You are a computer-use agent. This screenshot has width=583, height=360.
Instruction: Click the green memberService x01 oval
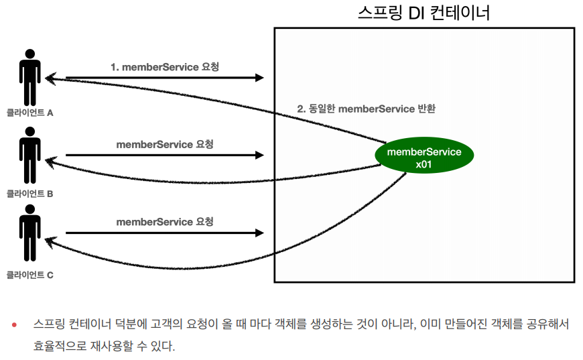pos(424,157)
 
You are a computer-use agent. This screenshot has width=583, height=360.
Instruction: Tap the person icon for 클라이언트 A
pos(29,76)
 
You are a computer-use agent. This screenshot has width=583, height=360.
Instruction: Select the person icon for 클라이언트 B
pos(29,156)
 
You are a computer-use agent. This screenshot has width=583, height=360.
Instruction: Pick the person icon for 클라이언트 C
pos(29,235)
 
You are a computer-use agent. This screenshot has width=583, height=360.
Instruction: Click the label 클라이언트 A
pos(29,113)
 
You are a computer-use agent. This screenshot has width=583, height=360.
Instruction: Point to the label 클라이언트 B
pos(29,194)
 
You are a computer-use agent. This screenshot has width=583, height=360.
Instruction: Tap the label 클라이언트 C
pos(29,274)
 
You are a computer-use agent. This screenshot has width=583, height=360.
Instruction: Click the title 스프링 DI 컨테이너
pos(424,13)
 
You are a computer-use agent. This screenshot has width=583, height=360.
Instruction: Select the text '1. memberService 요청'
pos(165,67)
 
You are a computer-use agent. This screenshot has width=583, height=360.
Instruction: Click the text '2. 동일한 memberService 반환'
pos(366,109)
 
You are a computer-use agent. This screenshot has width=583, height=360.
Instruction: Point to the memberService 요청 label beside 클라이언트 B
pos(165,144)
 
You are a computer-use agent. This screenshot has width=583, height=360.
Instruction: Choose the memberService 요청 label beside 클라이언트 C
pos(165,222)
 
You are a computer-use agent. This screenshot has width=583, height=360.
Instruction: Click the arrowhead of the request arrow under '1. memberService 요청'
pos(260,78)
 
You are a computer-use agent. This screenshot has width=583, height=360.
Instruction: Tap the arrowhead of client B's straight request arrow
pos(260,156)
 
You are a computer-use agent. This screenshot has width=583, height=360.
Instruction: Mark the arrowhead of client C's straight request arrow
pos(260,233)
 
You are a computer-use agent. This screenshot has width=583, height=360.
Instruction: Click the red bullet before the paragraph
pos(13,324)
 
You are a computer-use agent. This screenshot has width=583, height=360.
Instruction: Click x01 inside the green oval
pos(424,164)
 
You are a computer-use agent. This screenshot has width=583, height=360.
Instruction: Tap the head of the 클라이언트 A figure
pos(29,54)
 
